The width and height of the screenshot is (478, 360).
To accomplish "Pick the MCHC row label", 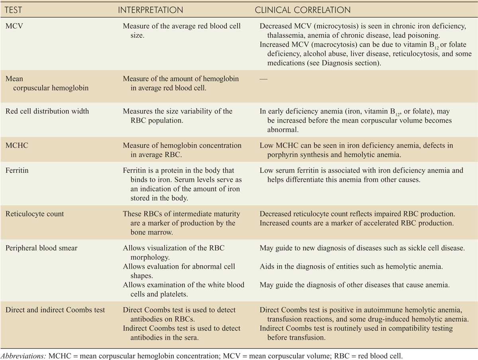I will click(16, 146).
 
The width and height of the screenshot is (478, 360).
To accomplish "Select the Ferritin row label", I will click(16, 170).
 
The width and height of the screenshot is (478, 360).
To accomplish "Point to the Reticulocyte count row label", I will click(35, 214).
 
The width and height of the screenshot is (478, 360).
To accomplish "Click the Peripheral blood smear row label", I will click(41, 248).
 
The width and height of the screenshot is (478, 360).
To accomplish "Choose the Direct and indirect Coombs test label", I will click(55, 310).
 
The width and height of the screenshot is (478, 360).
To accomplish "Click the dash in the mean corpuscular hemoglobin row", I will click(264, 79).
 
